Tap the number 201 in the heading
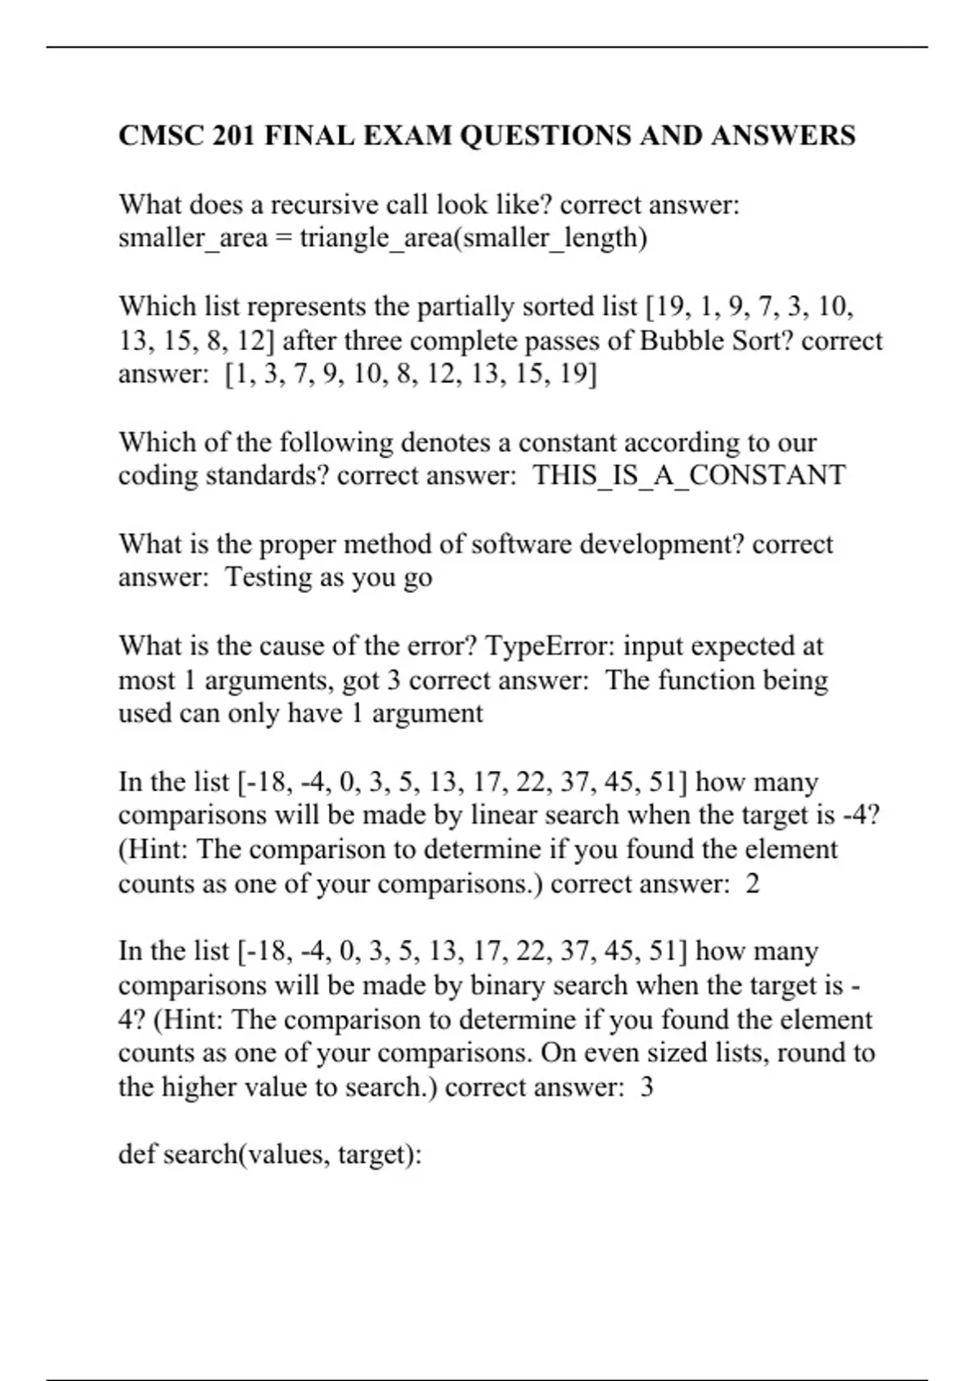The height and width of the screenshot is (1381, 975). [234, 135]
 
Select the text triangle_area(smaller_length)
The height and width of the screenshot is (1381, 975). [473, 238]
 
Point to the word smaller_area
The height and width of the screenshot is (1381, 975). [193, 238]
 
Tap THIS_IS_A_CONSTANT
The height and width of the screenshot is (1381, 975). [689, 475]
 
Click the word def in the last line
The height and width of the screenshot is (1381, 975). [137, 1154]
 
